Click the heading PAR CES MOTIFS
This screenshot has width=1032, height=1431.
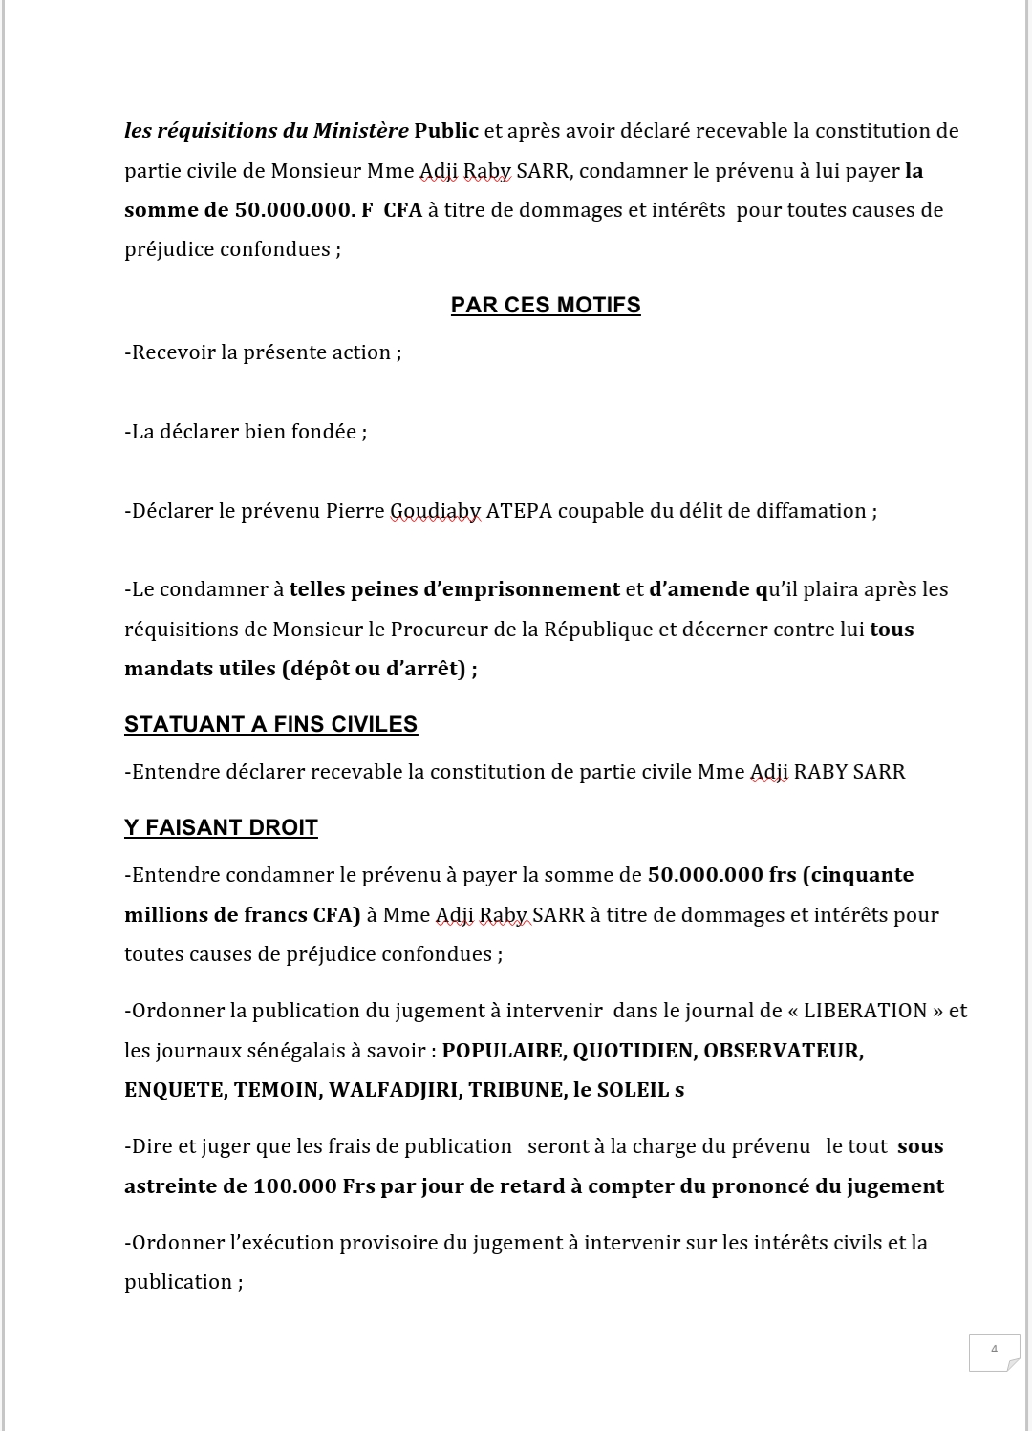click(546, 305)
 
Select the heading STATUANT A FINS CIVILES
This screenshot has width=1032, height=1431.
click(270, 724)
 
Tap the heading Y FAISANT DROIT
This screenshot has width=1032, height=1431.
click(221, 827)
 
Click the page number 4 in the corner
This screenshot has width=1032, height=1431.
click(994, 1349)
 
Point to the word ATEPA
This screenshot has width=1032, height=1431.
click(519, 511)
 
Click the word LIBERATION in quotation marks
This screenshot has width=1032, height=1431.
click(866, 1011)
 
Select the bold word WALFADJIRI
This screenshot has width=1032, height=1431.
click(393, 1090)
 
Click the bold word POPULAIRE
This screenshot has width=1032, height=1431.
click(503, 1051)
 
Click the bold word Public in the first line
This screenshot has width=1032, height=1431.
click(446, 131)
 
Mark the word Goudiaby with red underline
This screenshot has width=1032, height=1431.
click(435, 511)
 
